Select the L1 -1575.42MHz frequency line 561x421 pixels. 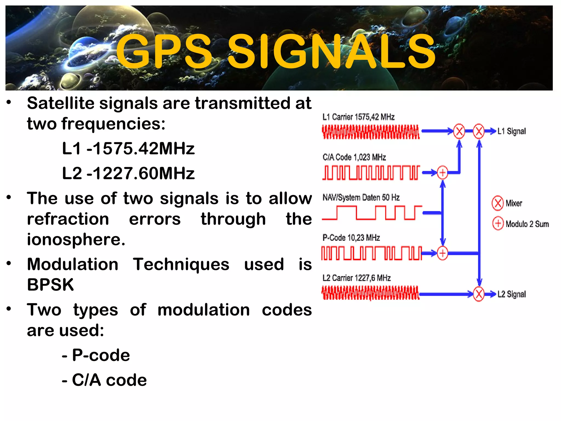coord(128,149)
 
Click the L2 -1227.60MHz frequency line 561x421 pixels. coord(128,173)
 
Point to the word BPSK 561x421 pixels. coord(50,285)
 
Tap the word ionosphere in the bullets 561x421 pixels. coord(76,239)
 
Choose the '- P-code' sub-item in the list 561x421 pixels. coord(96,355)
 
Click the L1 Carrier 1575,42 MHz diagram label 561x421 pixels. coord(358,117)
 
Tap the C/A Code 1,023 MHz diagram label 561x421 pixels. coord(354,157)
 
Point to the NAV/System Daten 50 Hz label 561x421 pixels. coord(361,197)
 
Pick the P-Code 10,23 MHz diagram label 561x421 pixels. coord(351,238)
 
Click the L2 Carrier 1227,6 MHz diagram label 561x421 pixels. coord(356,278)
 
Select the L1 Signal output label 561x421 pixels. coord(511,131)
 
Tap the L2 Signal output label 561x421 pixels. coord(511,294)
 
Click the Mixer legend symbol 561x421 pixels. coord(497,203)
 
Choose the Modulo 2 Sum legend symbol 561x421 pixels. coord(498,223)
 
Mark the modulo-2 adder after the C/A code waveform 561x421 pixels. coord(442,173)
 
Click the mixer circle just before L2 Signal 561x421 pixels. coord(479,294)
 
